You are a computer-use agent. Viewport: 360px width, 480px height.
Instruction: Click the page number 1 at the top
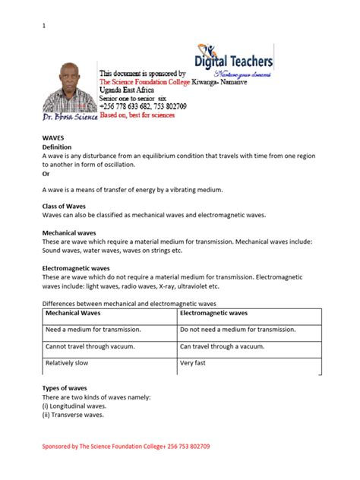tap(43, 26)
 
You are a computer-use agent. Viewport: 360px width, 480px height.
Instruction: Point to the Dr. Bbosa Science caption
tap(70, 118)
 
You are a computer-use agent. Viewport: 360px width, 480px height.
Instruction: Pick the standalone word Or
tap(46, 173)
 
